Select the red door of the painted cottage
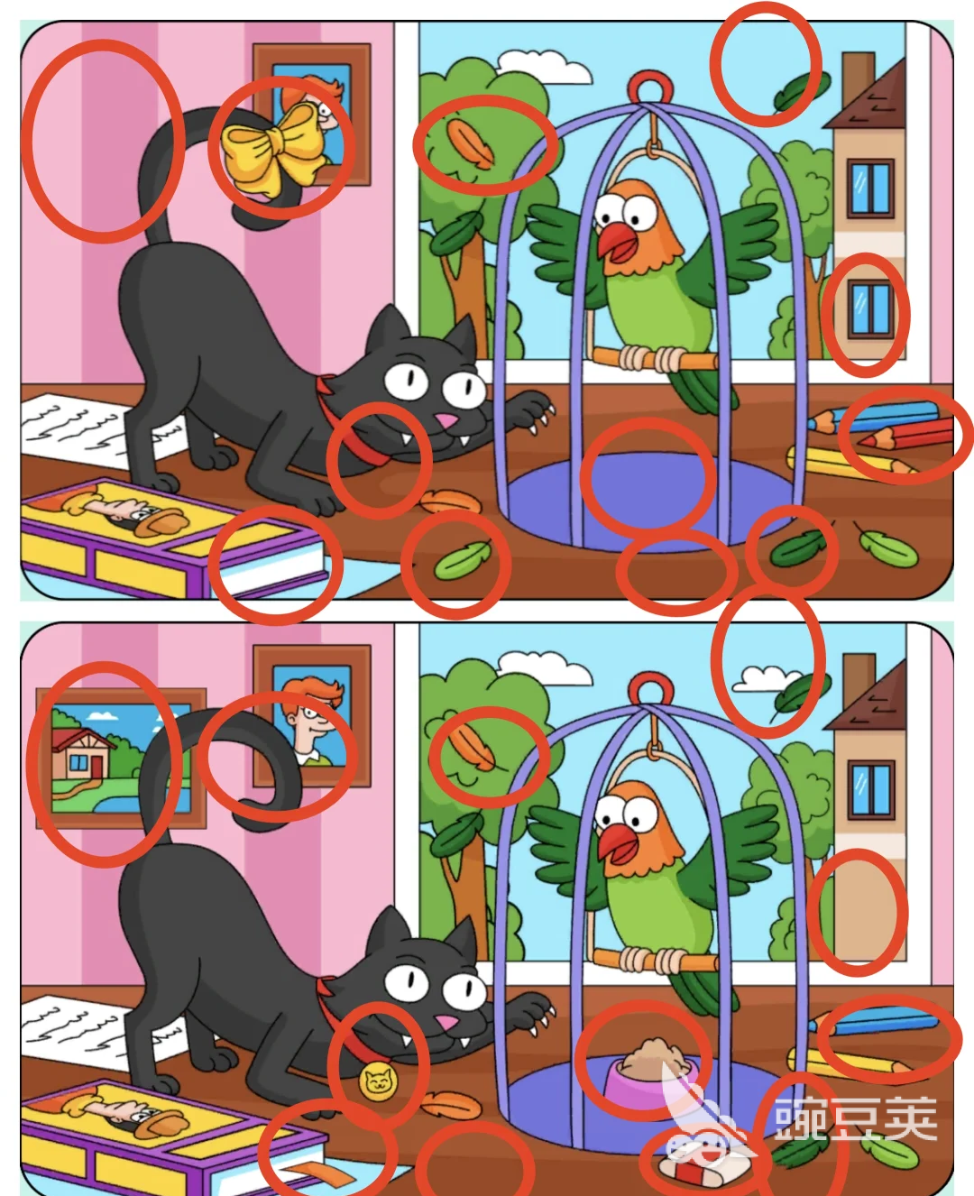click(96, 767)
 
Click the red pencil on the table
click(905, 432)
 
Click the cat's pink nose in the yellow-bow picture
click(446, 420)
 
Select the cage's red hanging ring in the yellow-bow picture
click(650, 87)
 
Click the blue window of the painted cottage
click(78, 762)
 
